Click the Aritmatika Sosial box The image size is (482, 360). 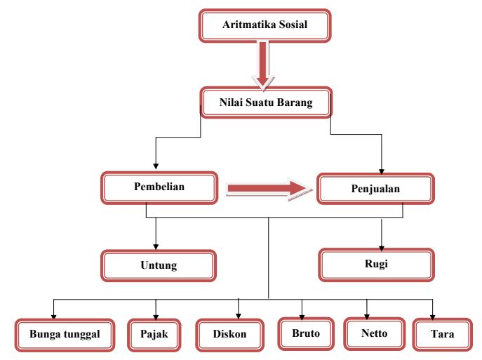[x=265, y=26]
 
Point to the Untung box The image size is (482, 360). [x=159, y=266]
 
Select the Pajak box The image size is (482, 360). [x=154, y=333]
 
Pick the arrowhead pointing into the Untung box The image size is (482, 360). [x=156, y=246]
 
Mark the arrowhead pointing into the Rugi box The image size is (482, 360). [x=381, y=245]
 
